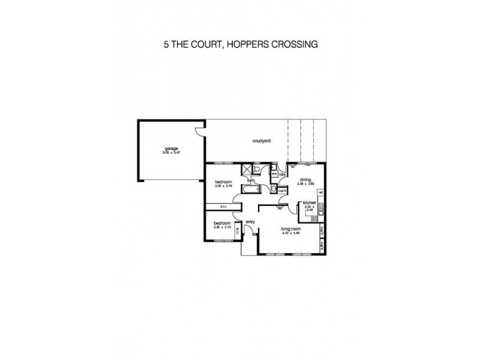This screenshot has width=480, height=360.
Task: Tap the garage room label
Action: coord(172,149)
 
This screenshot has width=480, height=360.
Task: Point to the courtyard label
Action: coord(261,141)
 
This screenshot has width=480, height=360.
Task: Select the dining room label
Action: coord(306,179)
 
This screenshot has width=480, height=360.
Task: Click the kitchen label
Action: coord(310,203)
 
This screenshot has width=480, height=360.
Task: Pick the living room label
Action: coord(290,229)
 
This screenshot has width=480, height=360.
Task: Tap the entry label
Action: coord(250,222)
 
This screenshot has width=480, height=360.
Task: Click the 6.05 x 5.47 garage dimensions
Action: coord(172,153)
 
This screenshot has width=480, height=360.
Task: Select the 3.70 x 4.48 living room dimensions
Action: coord(290,233)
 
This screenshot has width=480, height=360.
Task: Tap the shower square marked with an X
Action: coord(246,170)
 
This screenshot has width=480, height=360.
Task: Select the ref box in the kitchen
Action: coord(321,193)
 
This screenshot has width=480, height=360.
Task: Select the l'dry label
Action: coord(282,174)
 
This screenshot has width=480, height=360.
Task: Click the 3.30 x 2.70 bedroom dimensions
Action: coord(223,227)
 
